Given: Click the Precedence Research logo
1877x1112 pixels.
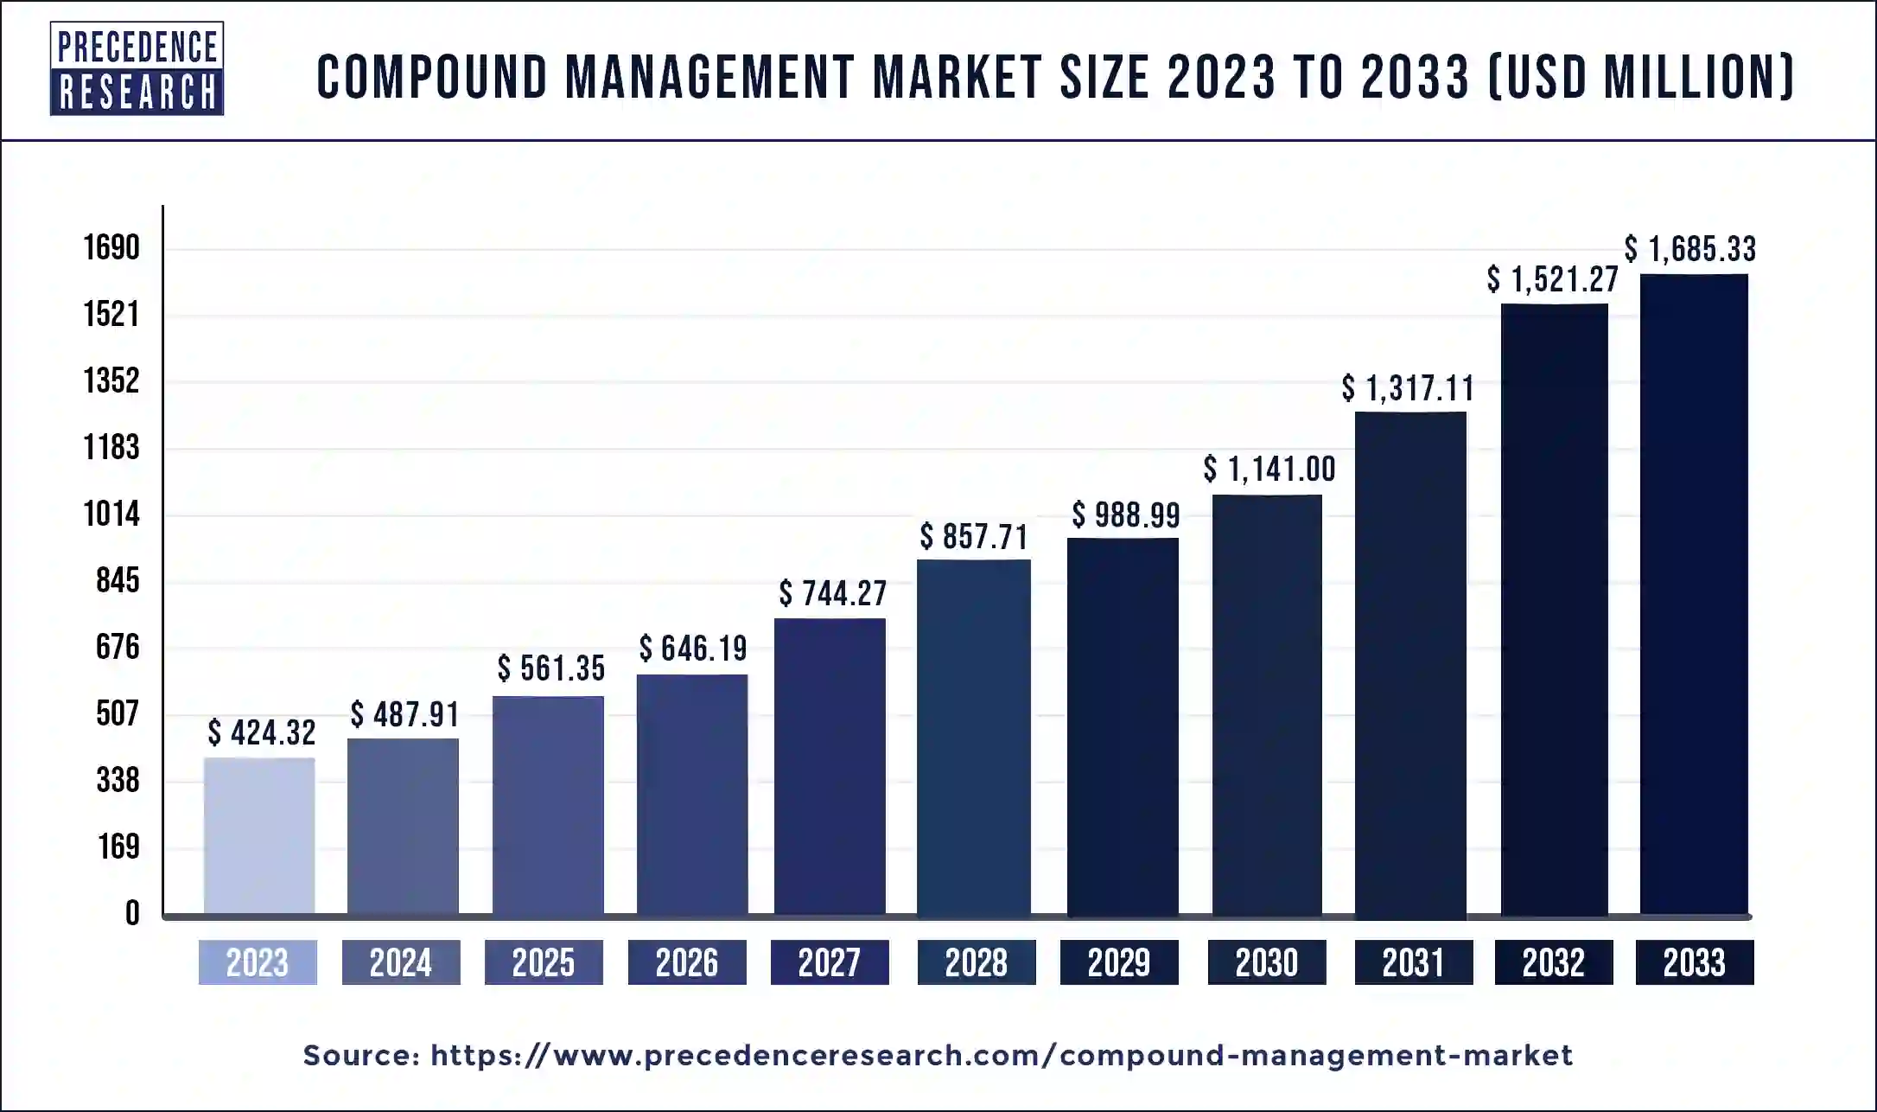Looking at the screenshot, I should point(137,68).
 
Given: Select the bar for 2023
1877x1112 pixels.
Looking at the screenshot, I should point(259,835).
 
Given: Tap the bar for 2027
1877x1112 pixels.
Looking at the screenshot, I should point(830,766).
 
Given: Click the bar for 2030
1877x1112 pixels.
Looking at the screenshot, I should point(1267,704).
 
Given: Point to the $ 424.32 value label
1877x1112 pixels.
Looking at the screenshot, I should point(262,733).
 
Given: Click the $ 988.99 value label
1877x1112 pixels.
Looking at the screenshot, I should point(1126,515).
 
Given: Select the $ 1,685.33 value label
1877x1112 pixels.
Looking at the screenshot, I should point(1689,250).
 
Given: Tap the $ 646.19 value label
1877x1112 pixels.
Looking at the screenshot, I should point(693,649).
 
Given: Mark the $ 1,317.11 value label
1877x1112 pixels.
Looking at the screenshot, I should point(1408,389).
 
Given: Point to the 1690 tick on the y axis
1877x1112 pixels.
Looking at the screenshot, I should point(111,248).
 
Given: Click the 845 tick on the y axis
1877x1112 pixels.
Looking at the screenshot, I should point(118,581).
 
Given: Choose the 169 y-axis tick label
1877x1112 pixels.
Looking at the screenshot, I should point(118,847).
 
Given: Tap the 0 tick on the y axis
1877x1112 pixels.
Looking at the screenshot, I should point(131,913).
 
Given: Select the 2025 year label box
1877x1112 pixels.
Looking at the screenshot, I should point(544,962).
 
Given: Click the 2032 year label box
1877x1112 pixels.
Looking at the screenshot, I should point(1554,962).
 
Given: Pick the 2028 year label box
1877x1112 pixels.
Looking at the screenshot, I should point(977,962).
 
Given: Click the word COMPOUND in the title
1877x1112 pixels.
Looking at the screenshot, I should point(432,77).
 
